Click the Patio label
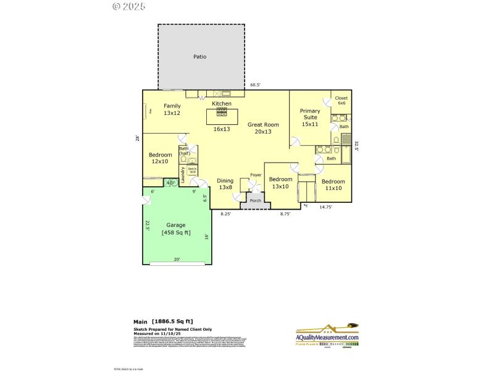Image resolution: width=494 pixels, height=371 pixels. tap(199, 57)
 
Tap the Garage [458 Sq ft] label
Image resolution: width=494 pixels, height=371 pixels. tap(176, 229)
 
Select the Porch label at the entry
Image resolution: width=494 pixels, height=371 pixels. tap(255, 200)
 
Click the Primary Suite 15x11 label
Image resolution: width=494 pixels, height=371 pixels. tap(309, 117)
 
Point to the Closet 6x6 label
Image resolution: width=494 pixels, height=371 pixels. tap(341, 101)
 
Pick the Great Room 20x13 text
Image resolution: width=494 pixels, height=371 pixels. tap(263, 128)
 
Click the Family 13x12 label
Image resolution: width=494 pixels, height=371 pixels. tap(172, 109)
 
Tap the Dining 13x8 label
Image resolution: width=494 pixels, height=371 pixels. tap(225, 184)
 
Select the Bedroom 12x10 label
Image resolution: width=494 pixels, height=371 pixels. tap(159, 158)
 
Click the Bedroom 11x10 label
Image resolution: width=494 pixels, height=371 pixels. tap(333, 184)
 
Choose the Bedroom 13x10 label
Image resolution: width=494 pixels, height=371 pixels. tap(280, 183)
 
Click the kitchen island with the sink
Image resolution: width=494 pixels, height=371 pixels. tap(222, 116)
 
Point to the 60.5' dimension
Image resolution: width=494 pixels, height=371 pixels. tap(255, 85)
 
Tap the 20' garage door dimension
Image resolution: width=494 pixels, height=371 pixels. tap(177, 260)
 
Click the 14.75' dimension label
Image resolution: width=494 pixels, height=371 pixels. tap(325, 207)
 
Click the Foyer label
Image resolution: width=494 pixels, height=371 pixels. tap(256, 175)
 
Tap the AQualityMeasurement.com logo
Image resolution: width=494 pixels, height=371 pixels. tap(327, 336)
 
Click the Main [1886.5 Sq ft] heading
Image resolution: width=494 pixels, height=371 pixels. tap(163, 322)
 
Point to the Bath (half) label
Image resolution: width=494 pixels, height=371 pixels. tap(184, 150)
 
